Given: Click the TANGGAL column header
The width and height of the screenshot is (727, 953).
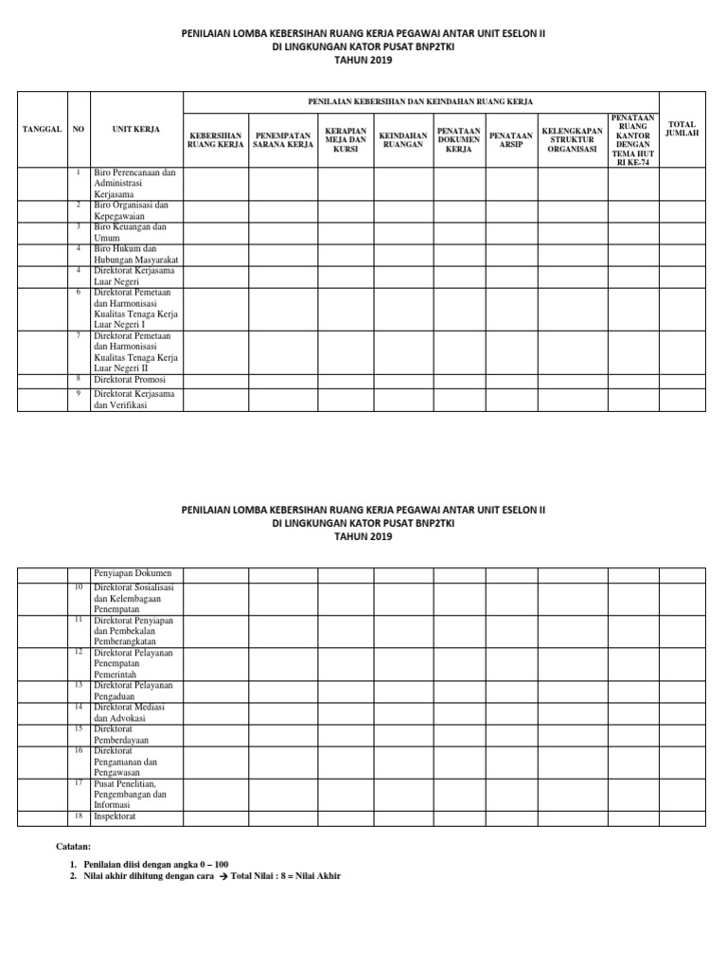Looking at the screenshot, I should tap(41, 129).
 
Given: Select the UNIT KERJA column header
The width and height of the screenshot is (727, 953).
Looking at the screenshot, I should tap(135, 129).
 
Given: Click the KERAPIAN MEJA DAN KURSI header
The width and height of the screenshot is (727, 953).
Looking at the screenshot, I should tap(345, 140).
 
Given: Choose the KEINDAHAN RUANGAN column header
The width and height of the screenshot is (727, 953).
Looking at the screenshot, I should tap(402, 140).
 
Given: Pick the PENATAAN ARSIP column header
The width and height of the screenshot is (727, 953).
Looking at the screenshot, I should tap(511, 140).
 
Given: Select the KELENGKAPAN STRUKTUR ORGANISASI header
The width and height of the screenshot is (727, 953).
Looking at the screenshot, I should tap(572, 140).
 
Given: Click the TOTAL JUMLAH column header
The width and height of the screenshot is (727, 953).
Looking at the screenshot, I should tap(682, 129).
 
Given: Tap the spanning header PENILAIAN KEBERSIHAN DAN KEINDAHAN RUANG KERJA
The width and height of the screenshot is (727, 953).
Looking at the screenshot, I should tap(420, 100).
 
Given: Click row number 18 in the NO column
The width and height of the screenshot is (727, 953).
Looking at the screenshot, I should tap(79, 815).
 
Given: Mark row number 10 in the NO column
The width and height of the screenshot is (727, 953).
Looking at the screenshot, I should tap(79, 587).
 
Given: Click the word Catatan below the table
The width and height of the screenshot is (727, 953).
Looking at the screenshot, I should tap(74, 844).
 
